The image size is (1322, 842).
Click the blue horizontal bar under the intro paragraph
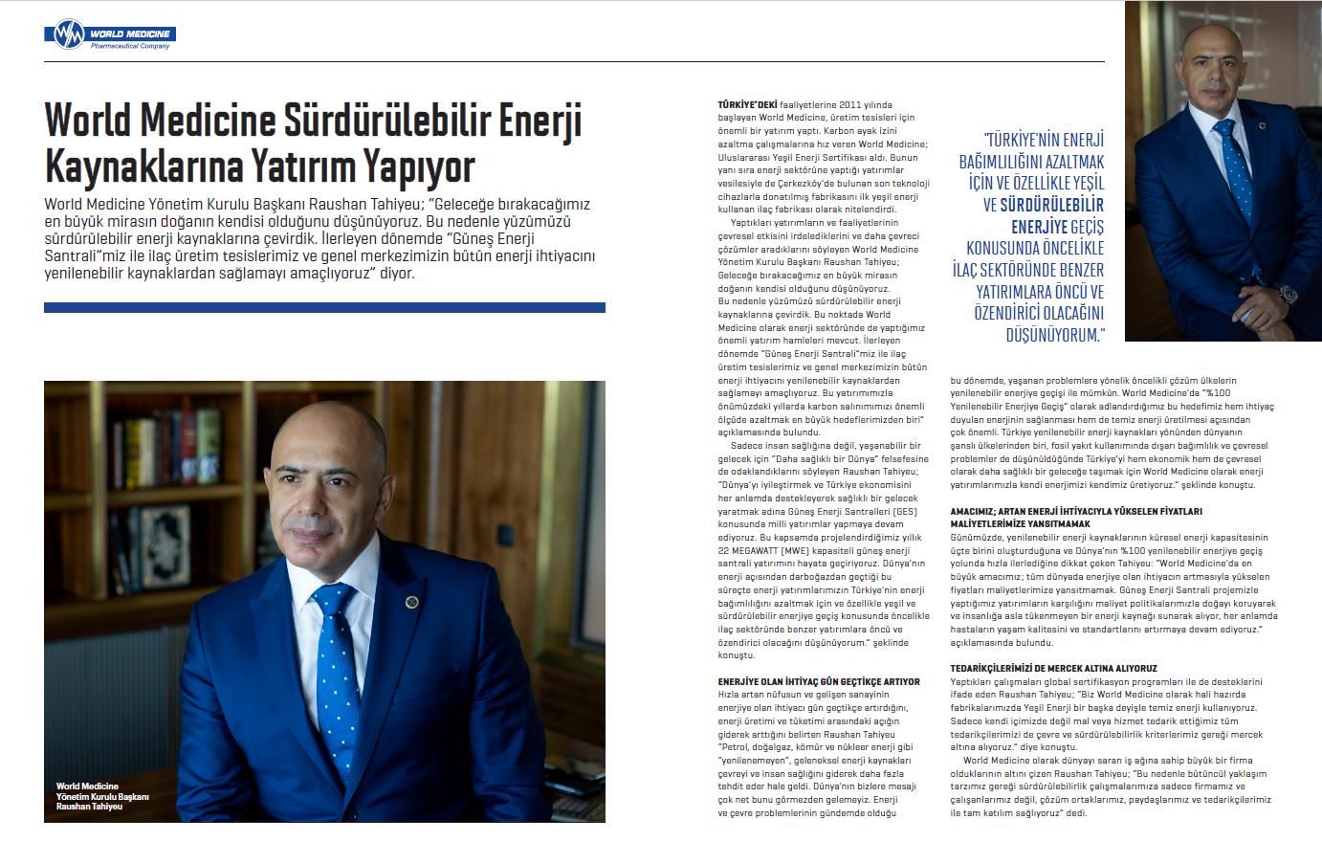[x=324, y=307]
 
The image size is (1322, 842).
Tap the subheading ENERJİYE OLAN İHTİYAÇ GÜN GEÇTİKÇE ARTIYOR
[x=819, y=681]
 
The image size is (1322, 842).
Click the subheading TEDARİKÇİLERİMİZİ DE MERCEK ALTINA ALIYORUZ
[x=1053, y=667]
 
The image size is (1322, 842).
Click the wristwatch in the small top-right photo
[x=1291, y=295]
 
